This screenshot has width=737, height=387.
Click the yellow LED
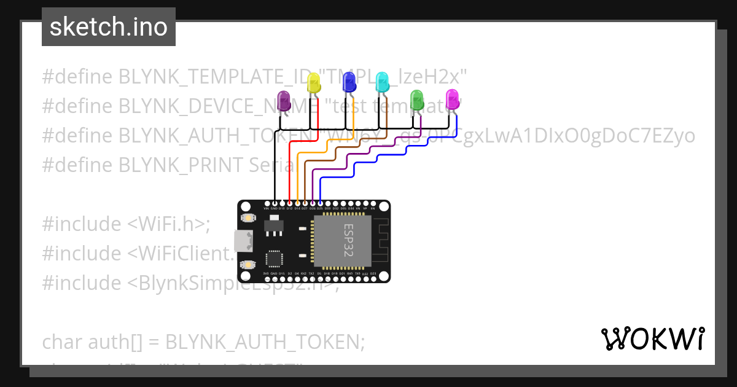click(314, 84)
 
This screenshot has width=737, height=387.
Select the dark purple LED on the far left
click(284, 101)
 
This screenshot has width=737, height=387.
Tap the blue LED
click(349, 82)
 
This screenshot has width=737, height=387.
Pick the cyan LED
click(382, 82)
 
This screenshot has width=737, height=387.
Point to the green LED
click(417, 100)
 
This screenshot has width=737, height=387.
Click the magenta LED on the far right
click(452, 100)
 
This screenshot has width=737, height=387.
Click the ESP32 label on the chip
click(349, 241)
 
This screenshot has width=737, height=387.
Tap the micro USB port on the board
click(243, 241)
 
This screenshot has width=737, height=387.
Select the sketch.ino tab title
click(108, 27)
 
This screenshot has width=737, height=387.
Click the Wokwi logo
click(652, 338)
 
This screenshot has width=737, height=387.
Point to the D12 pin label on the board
click(289, 209)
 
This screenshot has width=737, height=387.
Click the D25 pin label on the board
click(320, 209)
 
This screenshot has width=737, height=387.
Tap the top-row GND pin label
click(274, 209)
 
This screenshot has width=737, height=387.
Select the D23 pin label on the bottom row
click(373, 273)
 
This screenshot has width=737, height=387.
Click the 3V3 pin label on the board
click(266, 273)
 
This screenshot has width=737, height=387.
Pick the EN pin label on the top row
click(373, 209)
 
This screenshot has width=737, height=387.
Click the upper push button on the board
click(248, 218)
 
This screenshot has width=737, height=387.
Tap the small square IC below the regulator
click(273, 259)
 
